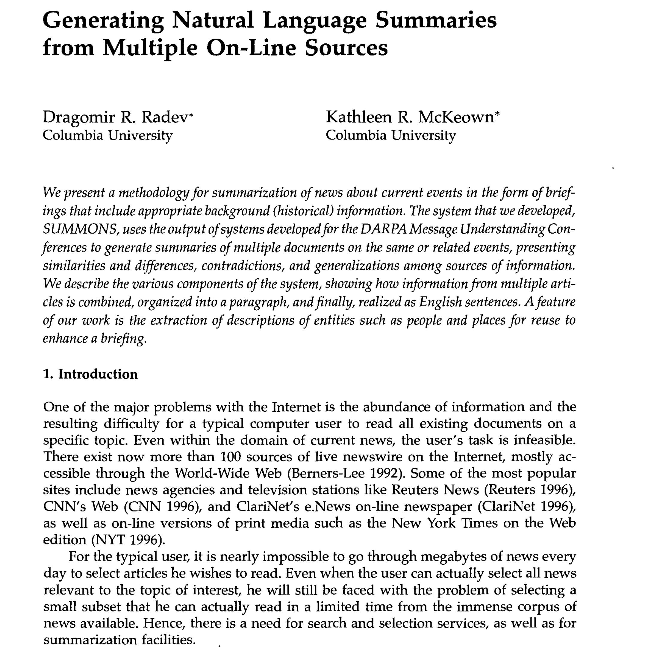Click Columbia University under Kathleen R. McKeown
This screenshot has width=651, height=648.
click(x=390, y=135)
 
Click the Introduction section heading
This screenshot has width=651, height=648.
click(x=98, y=374)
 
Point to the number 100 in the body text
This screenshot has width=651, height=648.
click(x=231, y=457)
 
